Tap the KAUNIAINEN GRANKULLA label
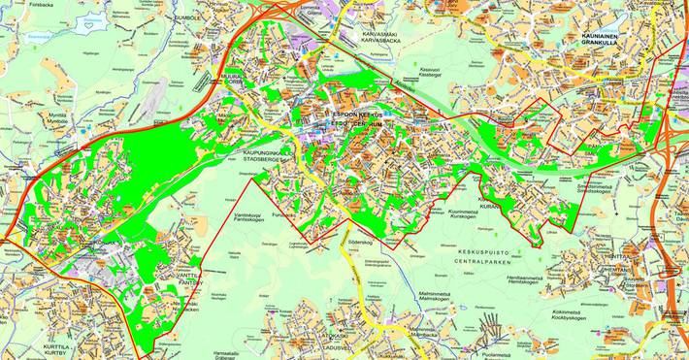pyautogui.click(x=602, y=38)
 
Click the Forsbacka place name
pyautogui.click(x=16, y=4)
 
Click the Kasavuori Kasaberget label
pyautogui.click(x=430, y=73)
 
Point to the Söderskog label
pyautogui.click(x=361, y=236)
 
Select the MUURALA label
pyautogui.click(x=231, y=79)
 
